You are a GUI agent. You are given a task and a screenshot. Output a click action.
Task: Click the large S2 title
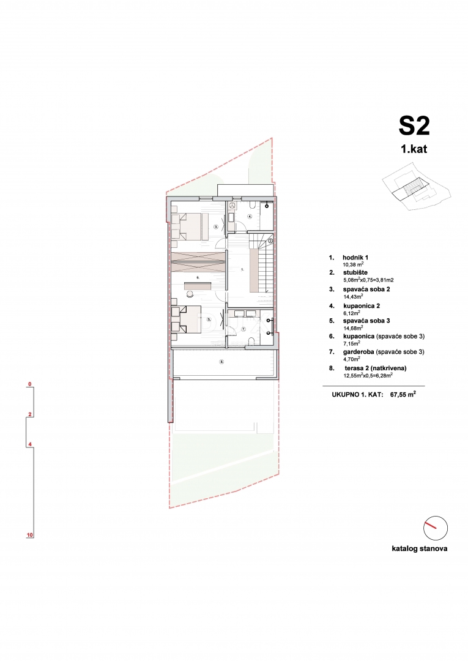[414, 125]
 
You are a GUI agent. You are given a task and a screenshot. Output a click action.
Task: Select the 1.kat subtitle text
[414, 149]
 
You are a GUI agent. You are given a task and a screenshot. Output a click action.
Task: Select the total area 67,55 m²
[403, 395]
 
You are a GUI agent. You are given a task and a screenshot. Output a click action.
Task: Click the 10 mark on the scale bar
[29, 535]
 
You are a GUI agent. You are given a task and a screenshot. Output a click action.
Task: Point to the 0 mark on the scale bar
[29, 385]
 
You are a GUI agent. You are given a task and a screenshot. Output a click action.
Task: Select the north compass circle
[435, 527]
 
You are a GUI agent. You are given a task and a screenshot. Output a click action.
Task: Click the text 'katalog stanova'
[419, 548]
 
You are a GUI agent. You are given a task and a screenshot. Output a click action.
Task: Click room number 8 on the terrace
[221, 361]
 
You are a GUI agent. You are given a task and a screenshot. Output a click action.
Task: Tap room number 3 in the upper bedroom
[216, 226]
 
